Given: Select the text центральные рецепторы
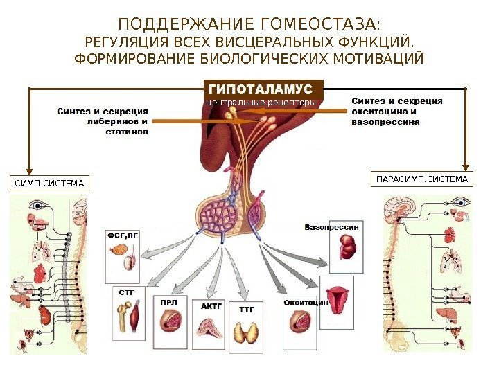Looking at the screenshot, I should point(262,103).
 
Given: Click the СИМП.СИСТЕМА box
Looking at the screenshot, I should point(49,184).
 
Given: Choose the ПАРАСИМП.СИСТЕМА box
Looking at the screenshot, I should point(421,180).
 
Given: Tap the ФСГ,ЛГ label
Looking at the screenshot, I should point(123,235).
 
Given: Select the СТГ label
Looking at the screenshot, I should point(126,292).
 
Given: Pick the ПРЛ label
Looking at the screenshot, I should point(168,303).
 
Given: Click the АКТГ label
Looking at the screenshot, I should point(211,304).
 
